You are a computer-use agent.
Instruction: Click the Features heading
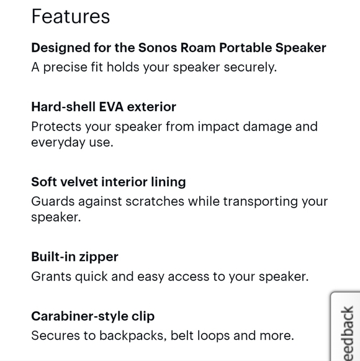coord(70,17)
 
